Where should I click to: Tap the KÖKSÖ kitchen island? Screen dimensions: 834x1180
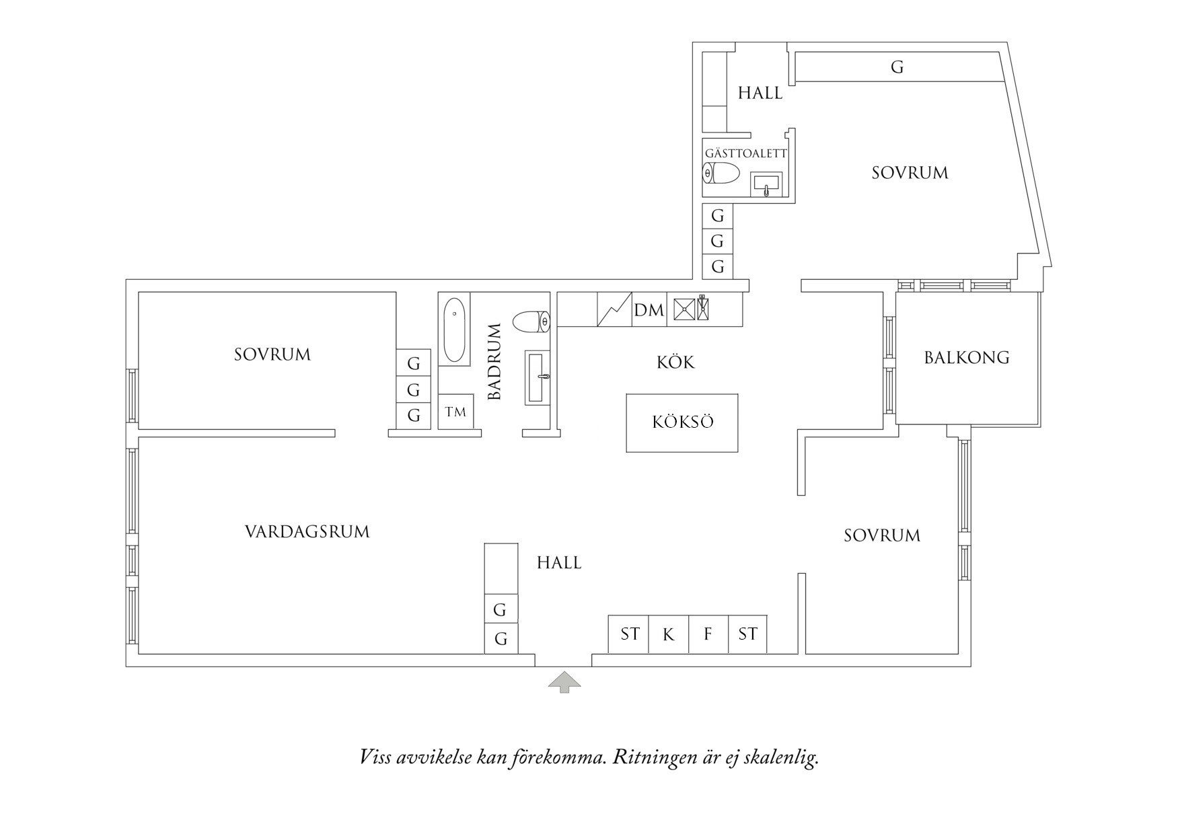pos(681,422)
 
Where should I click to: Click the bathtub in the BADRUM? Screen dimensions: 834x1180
pos(455,330)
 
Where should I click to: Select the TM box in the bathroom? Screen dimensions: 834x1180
pos(455,412)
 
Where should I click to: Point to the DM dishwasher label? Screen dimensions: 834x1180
pos(649,310)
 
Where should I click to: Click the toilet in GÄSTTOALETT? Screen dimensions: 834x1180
pos(721,174)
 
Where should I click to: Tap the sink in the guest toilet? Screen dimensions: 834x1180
pos(767,183)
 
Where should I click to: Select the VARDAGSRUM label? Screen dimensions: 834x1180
pos(307,532)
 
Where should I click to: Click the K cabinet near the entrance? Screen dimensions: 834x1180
pos(668,634)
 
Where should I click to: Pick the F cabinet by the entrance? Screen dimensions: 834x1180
pos(708,634)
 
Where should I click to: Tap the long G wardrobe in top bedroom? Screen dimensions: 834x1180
pos(897,67)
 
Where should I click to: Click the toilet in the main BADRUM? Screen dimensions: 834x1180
pos(531,321)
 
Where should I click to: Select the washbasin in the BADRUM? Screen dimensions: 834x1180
pos(537,377)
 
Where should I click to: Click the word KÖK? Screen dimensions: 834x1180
pos(675,363)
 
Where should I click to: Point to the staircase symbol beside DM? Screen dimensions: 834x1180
pos(614,309)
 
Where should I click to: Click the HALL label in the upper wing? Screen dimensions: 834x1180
pos(760,93)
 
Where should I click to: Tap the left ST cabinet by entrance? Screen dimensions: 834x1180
pos(629,634)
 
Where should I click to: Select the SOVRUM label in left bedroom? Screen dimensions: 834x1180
pos(272,354)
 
